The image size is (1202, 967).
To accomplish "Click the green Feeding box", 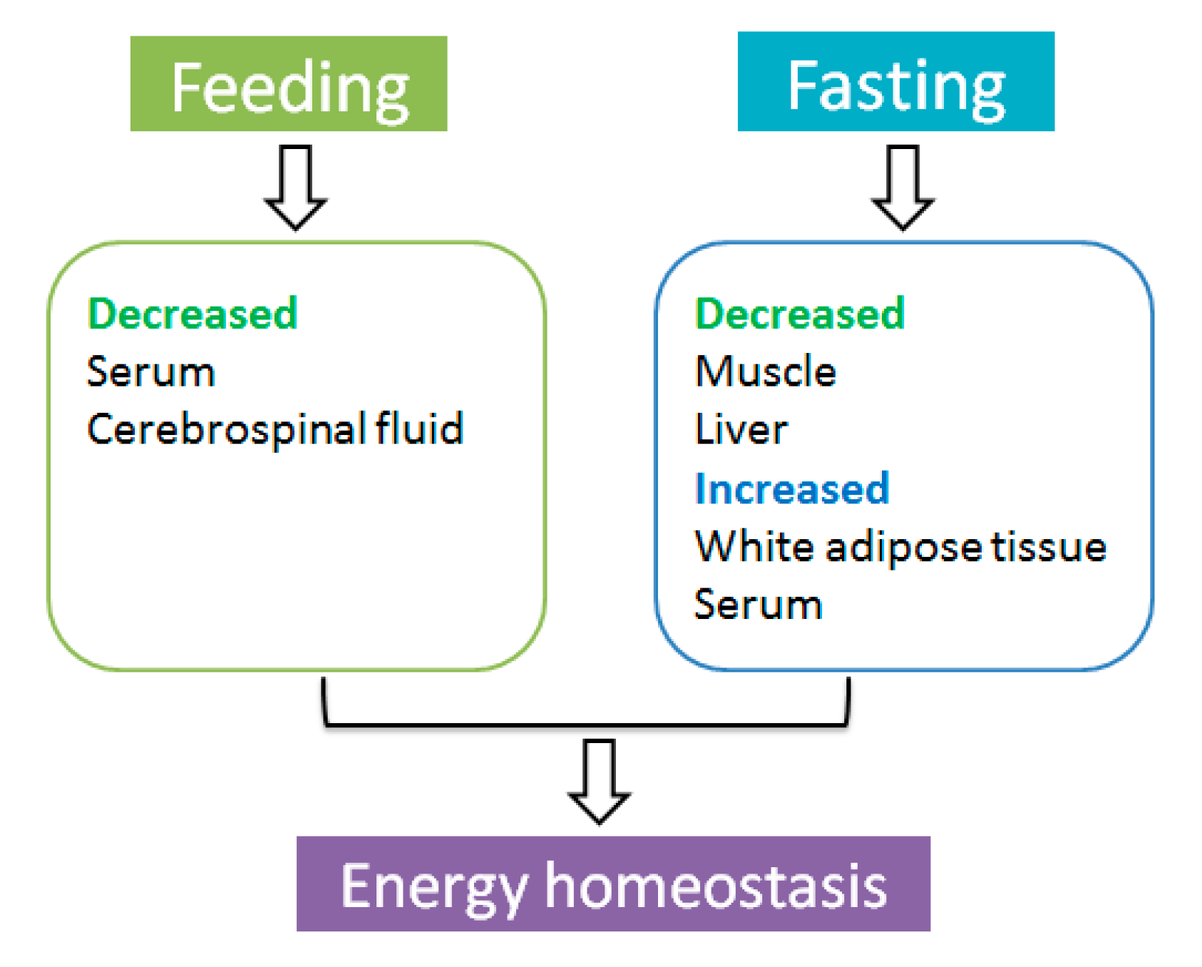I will (288, 83).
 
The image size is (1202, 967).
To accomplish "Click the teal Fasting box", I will (895, 81).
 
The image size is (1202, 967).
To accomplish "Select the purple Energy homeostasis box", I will (613, 884).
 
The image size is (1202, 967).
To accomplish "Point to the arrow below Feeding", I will (295, 187).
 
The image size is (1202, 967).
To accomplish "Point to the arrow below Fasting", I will (903, 187).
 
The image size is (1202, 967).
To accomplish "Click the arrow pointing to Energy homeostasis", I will (599, 781).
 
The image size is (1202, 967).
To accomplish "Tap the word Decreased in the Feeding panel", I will (192, 313).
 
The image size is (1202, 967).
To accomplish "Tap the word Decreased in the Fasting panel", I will (799, 313).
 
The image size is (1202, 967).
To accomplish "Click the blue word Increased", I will (791, 488).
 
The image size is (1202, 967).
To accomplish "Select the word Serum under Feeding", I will (150, 372).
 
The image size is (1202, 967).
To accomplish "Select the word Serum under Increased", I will (758, 605).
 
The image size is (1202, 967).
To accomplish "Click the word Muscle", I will (765, 372).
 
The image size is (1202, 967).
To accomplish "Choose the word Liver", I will (741, 430).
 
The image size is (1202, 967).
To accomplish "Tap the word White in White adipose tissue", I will (754, 547).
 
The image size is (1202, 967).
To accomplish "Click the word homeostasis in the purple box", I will (716, 886).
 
